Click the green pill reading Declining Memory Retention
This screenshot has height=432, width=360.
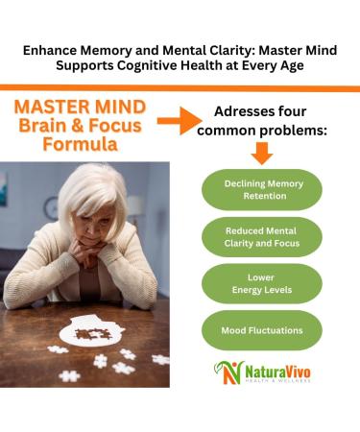[x=261, y=189]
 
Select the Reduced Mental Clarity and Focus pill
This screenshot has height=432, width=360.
[x=261, y=237]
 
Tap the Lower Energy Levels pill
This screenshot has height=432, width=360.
[x=261, y=284]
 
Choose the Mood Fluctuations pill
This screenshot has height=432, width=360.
[x=261, y=330]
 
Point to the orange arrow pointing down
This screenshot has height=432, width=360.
[x=261, y=154]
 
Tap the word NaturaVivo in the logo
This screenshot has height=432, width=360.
[x=276, y=369]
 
